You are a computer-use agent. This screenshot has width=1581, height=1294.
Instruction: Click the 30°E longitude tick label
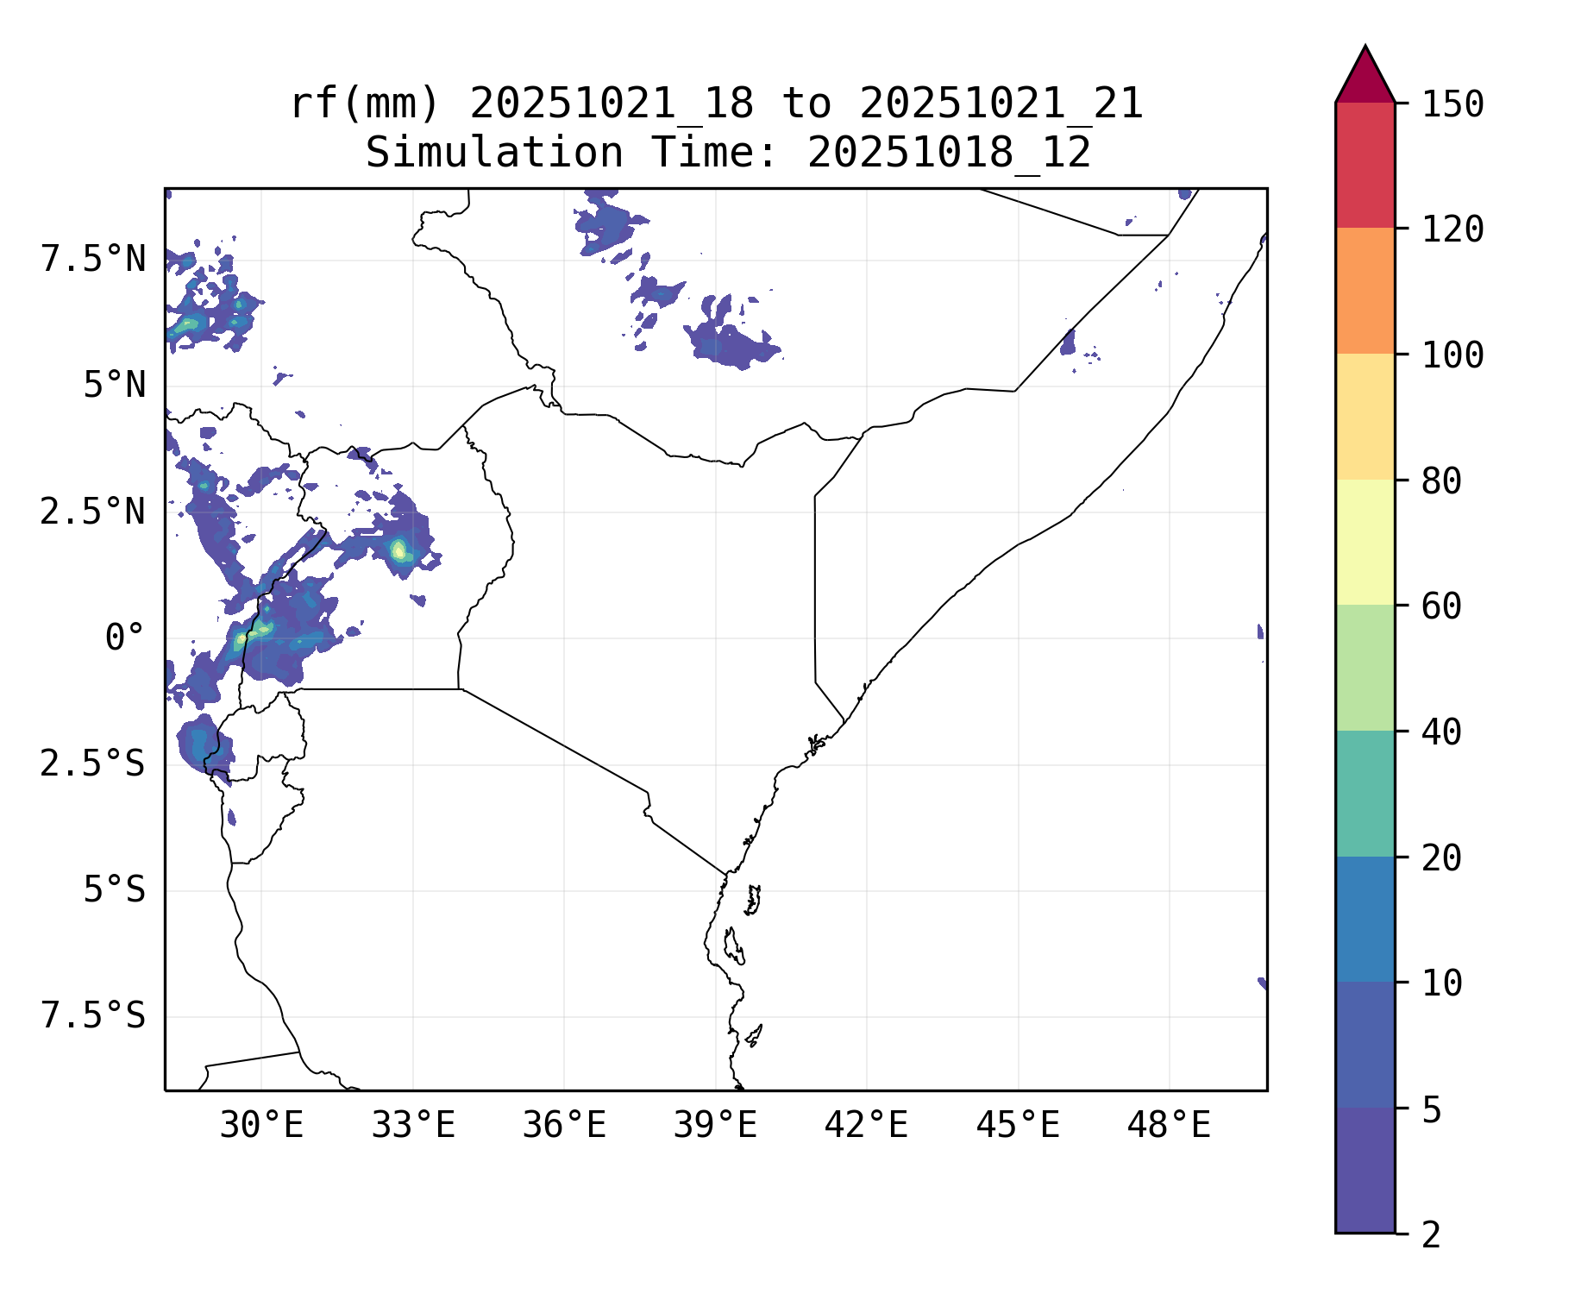[x=261, y=1126]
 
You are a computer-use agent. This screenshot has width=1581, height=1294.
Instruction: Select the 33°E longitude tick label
[x=413, y=1126]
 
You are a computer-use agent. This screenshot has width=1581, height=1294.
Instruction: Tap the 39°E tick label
[x=715, y=1126]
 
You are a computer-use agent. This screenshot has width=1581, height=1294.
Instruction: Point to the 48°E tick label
[x=1169, y=1126]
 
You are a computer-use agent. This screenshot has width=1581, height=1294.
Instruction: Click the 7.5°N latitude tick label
[x=93, y=259]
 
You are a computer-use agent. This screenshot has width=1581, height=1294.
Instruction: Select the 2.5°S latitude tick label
[x=93, y=764]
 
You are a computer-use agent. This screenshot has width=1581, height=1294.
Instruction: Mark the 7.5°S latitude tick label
[x=93, y=1016]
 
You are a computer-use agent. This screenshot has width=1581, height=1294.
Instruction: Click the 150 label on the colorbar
[x=1452, y=104]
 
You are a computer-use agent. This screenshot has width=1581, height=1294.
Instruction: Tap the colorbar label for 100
[x=1452, y=355]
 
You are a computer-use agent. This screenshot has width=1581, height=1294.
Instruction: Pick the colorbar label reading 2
[x=1431, y=1235]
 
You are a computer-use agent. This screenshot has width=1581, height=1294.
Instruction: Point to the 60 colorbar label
[x=1441, y=606]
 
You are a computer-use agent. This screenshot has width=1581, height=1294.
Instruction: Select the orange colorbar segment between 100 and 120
[x=1365, y=291]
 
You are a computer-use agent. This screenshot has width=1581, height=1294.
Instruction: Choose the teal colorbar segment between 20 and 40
[x=1365, y=794]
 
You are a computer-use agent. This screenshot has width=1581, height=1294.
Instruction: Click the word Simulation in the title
[x=494, y=154]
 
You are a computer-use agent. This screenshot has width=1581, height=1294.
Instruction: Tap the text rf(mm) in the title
[x=365, y=104]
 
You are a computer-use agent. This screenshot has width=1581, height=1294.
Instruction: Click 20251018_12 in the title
[x=949, y=154]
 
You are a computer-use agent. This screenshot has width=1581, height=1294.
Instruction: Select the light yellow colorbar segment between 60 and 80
[x=1365, y=542]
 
